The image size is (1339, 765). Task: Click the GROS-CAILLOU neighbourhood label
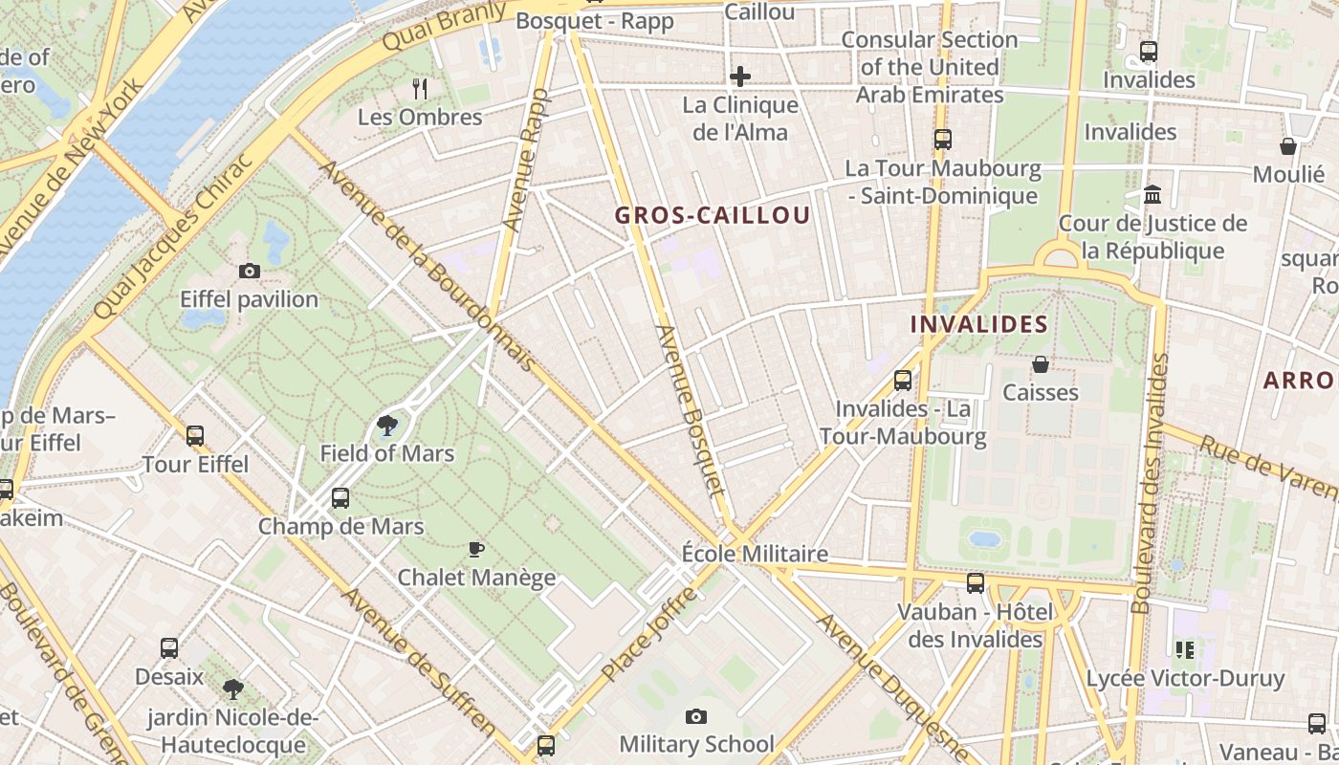point(712,215)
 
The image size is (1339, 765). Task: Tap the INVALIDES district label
point(978,324)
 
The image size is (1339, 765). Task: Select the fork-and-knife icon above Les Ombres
point(420,89)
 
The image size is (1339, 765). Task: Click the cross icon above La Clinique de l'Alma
point(740,76)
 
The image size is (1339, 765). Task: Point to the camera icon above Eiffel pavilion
point(250,272)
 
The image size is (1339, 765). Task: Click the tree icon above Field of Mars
point(387,426)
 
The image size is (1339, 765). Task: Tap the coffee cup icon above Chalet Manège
point(476,550)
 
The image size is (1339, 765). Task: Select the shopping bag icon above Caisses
point(1041,364)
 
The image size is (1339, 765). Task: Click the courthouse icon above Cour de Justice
point(1152,195)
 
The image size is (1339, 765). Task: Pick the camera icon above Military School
point(696,716)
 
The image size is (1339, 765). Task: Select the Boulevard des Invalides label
point(1151,483)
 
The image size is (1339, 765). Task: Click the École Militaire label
point(755,554)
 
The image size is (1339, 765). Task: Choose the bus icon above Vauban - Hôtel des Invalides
point(976,582)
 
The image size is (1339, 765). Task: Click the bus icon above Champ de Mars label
point(340,498)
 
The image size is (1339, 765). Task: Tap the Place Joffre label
point(650,635)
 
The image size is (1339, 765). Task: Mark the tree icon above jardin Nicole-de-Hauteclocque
point(232,688)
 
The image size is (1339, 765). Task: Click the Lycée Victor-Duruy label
point(1185,679)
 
